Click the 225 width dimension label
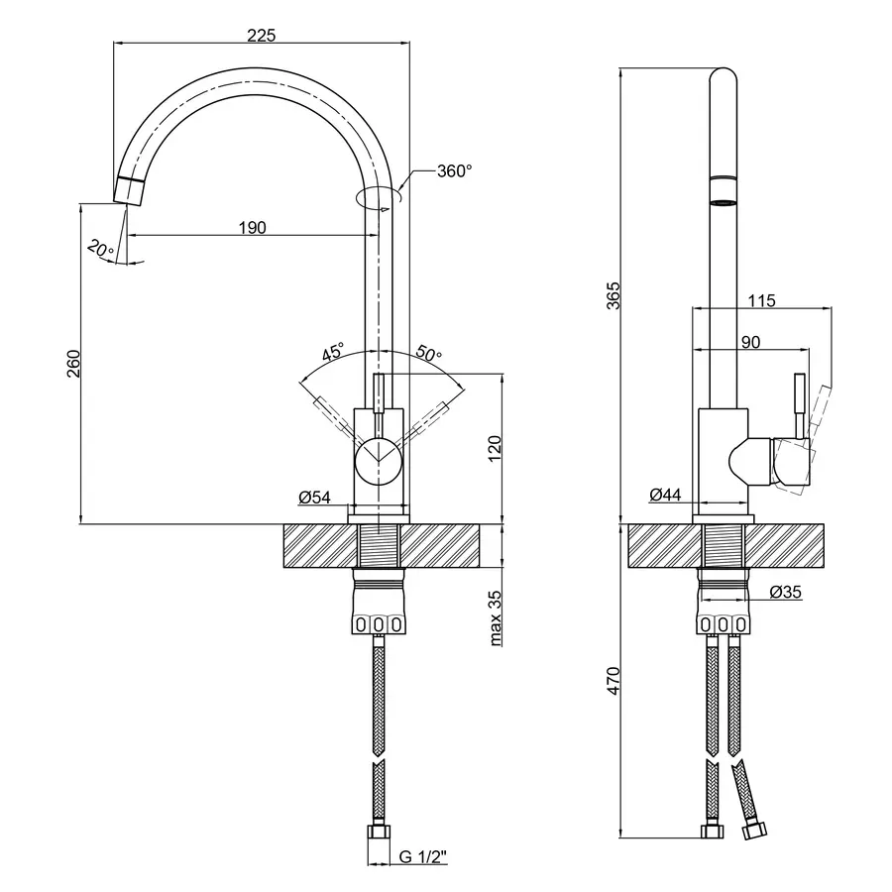click(x=261, y=36)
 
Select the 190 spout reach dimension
click(x=252, y=228)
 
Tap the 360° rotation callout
click(x=455, y=170)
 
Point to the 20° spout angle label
click(x=100, y=249)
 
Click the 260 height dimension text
click(x=74, y=364)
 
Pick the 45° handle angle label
click(x=333, y=352)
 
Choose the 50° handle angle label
click(x=428, y=353)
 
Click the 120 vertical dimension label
click(x=495, y=448)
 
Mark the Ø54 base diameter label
click(x=314, y=498)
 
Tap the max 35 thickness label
click(x=495, y=618)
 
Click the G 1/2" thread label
click(x=423, y=856)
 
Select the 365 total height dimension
click(x=613, y=295)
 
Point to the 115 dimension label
click(x=761, y=299)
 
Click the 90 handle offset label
click(x=751, y=342)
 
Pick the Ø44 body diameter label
click(x=666, y=495)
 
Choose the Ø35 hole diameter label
click(x=786, y=593)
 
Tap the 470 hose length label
click(x=613, y=681)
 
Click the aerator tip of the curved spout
click(x=130, y=190)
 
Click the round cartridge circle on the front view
click(x=379, y=461)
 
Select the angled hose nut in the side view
click(x=755, y=831)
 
